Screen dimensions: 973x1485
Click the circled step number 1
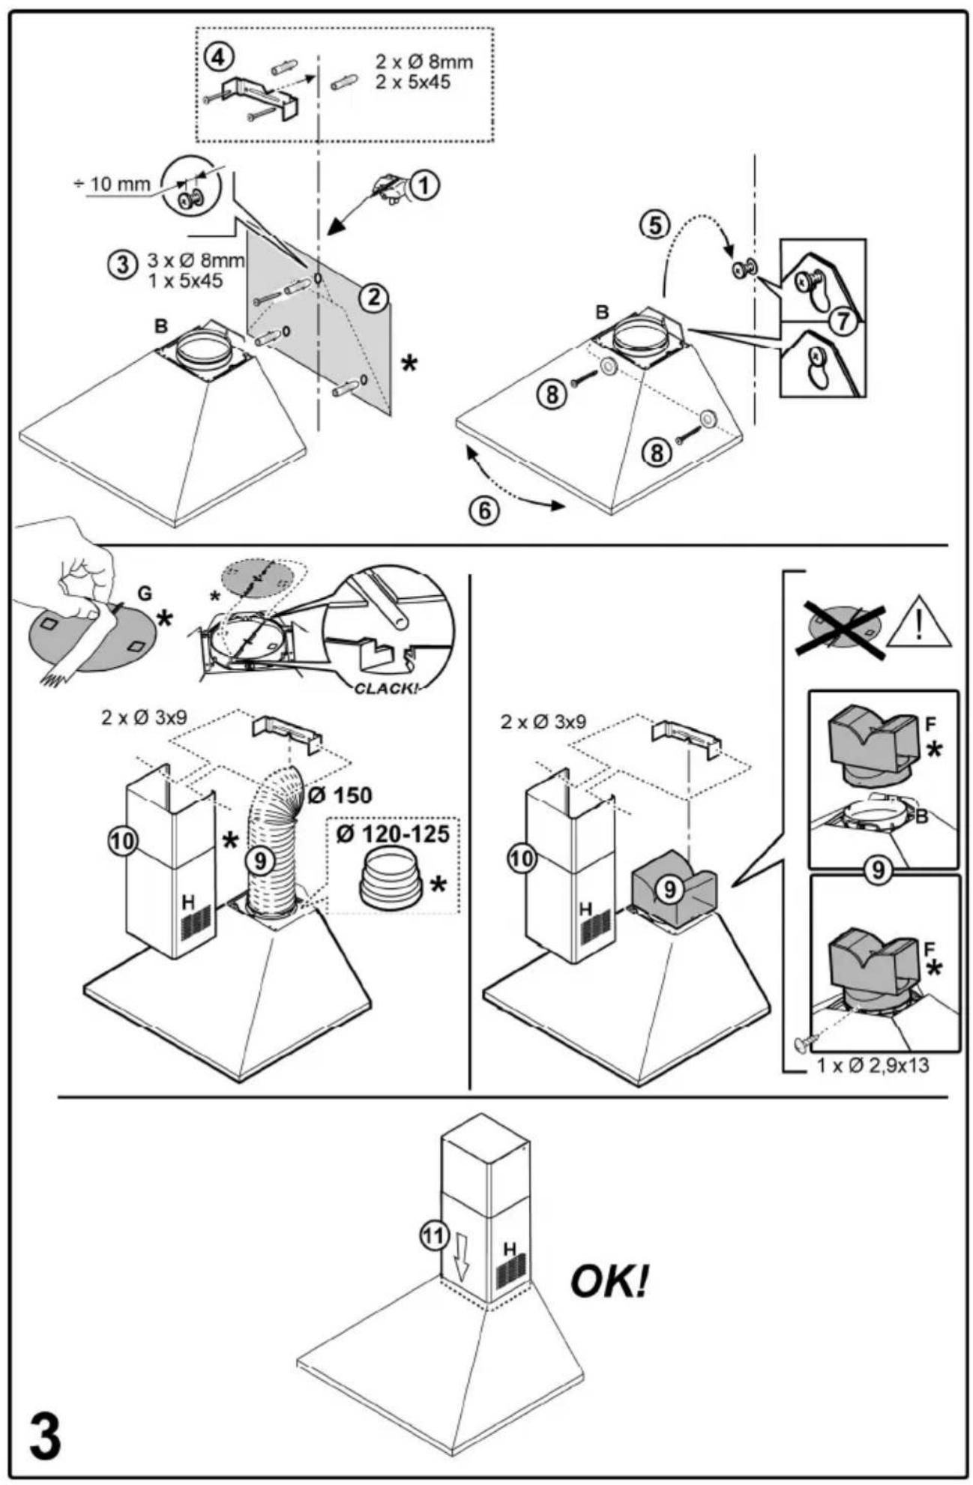pyautogui.click(x=425, y=185)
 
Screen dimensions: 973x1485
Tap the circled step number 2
pyautogui.click(x=373, y=298)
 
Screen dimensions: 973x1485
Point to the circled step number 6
pyautogui.click(x=483, y=510)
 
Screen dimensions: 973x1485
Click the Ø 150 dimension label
pyautogui.click(x=339, y=795)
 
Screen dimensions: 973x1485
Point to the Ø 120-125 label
pyautogui.click(x=393, y=834)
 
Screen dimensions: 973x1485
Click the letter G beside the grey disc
pyautogui.click(x=144, y=594)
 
